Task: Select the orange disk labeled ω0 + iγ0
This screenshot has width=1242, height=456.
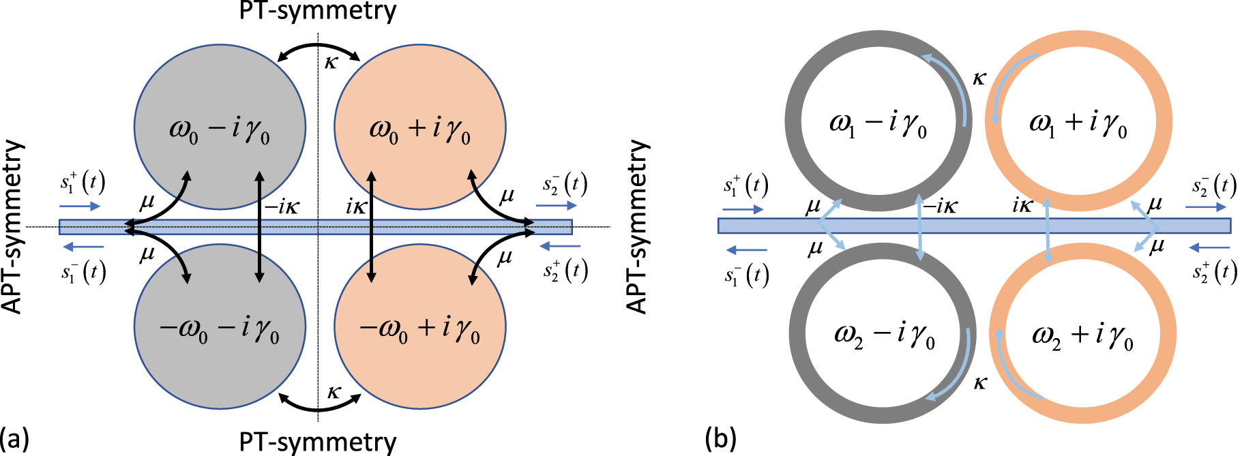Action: tap(419, 89)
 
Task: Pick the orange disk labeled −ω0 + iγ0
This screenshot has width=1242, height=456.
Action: tap(419, 368)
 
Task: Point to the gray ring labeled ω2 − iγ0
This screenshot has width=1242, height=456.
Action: tap(798, 334)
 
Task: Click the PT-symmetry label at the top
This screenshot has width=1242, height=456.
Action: tap(318, 11)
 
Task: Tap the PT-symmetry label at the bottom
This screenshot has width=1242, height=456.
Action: tap(318, 442)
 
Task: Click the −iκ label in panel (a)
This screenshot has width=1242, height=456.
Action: tap(282, 206)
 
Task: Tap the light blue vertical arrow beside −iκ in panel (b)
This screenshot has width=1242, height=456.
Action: tap(919, 226)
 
